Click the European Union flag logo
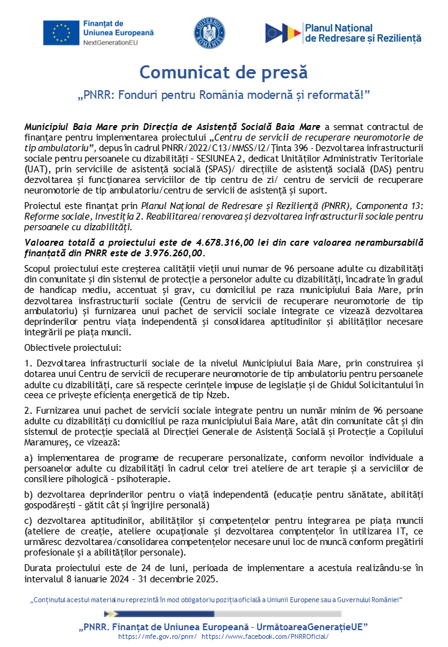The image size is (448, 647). [x=61, y=32]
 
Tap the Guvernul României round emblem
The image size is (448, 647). [x=209, y=32]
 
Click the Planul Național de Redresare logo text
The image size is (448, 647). [x=363, y=32]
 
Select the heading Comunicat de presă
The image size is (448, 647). [x=223, y=72]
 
